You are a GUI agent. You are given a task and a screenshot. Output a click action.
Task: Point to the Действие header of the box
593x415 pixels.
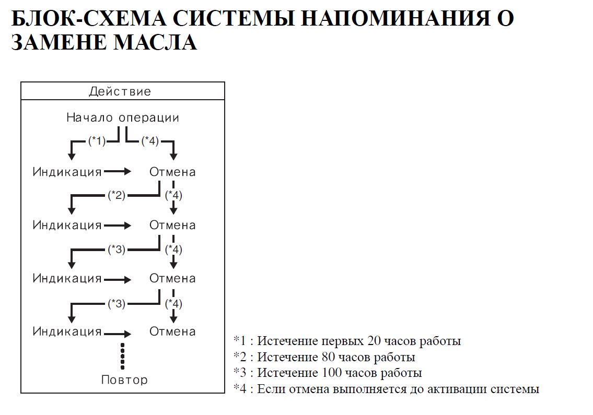pyautogui.click(x=120, y=92)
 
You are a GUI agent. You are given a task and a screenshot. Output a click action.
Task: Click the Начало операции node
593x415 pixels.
pyautogui.click(x=123, y=118)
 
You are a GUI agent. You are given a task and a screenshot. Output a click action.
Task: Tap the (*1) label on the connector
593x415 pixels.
pyautogui.click(x=97, y=141)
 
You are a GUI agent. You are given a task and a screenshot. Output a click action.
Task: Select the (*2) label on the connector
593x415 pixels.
pyautogui.click(x=117, y=196)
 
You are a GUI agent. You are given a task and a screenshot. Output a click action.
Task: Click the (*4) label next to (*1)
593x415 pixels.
pyautogui.click(x=150, y=141)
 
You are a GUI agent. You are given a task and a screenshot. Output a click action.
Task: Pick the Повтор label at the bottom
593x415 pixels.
pyautogui.click(x=124, y=380)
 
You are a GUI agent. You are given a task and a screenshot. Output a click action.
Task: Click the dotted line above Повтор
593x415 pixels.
pyautogui.click(x=122, y=355)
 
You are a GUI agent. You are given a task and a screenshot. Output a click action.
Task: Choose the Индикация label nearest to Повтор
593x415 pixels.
pyautogui.click(x=67, y=331)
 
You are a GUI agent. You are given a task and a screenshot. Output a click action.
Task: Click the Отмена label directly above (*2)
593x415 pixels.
pyautogui.click(x=172, y=172)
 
